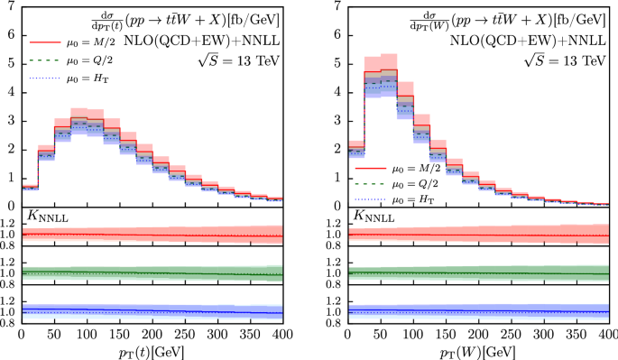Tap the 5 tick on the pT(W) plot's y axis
(x=336, y=64)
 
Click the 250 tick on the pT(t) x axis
(x=218, y=333)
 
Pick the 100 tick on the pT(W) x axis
(x=413, y=333)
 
